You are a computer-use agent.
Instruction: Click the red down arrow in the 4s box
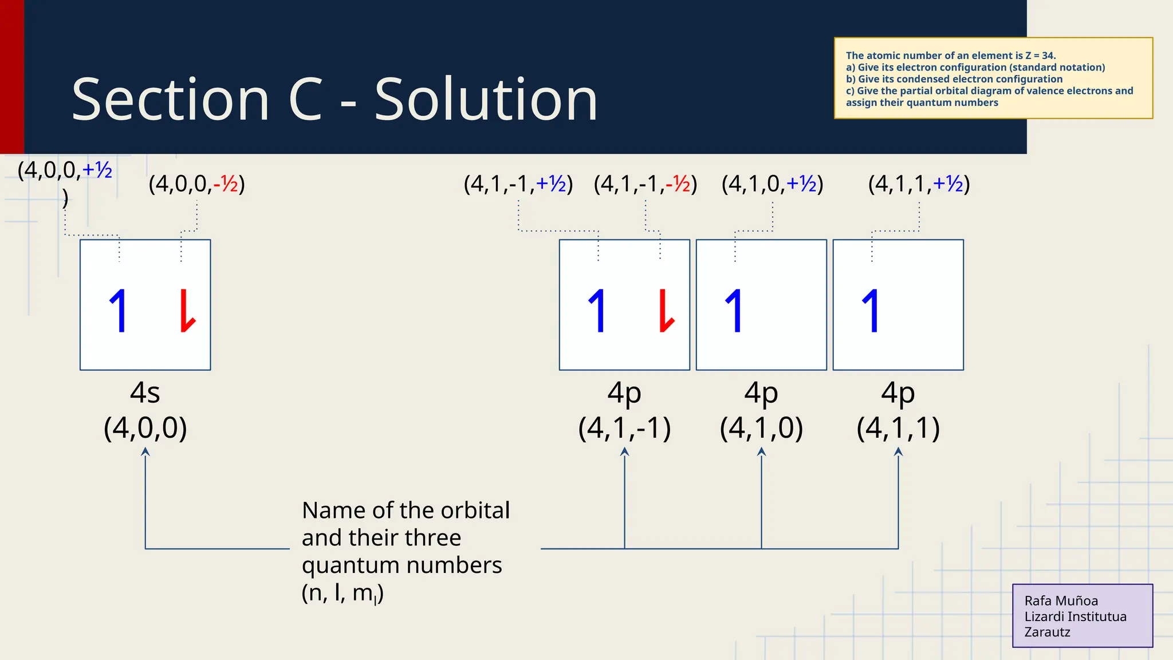click(x=187, y=311)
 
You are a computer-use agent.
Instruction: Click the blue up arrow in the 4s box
click(x=119, y=311)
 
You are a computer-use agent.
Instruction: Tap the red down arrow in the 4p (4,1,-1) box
click(x=666, y=311)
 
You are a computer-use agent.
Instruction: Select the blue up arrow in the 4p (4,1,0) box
click(x=734, y=311)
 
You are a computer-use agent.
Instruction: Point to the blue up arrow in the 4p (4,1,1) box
click(x=871, y=311)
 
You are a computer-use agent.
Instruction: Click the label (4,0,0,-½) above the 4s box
click(x=196, y=184)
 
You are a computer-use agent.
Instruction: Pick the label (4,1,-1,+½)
click(x=518, y=184)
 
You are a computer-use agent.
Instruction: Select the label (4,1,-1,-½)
click(x=645, y=184)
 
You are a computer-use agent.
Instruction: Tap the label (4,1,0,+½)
click(x=772, y=184)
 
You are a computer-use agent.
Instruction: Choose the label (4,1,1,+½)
click(x=919, y=184)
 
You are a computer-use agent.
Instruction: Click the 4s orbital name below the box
click(x=145, y=393)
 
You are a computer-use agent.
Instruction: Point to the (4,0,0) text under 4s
click(x=145, y=428)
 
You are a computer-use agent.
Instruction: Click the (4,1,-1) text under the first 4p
click(x=624, y=428)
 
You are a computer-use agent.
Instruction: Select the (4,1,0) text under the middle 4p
click(x=761, y=428)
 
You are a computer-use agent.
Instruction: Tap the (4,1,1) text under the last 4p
click(x=898, y=428)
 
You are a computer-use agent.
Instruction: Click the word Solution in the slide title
click(x=486, y=100)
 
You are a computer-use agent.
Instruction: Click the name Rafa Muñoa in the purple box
click(x=1061, y=601)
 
